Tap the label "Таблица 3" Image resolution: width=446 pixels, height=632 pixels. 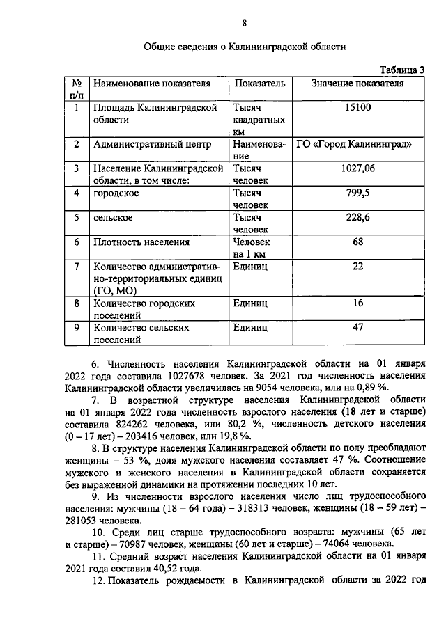pos(402,69)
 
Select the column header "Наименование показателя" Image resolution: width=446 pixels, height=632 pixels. pos(151,84)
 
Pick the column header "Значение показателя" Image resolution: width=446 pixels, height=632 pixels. pos(358,84)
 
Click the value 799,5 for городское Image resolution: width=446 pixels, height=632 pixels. pos(358,193)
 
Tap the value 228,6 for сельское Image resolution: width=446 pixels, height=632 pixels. pos(358,218)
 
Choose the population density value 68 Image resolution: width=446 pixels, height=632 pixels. pos(358,242)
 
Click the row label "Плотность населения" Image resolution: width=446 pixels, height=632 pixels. pos(141,242)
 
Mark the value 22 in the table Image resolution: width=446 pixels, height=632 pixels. pos(358,267)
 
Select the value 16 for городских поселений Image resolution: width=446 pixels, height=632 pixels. pos(358,303)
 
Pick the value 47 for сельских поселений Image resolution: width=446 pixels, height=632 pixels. pos(358,328)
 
